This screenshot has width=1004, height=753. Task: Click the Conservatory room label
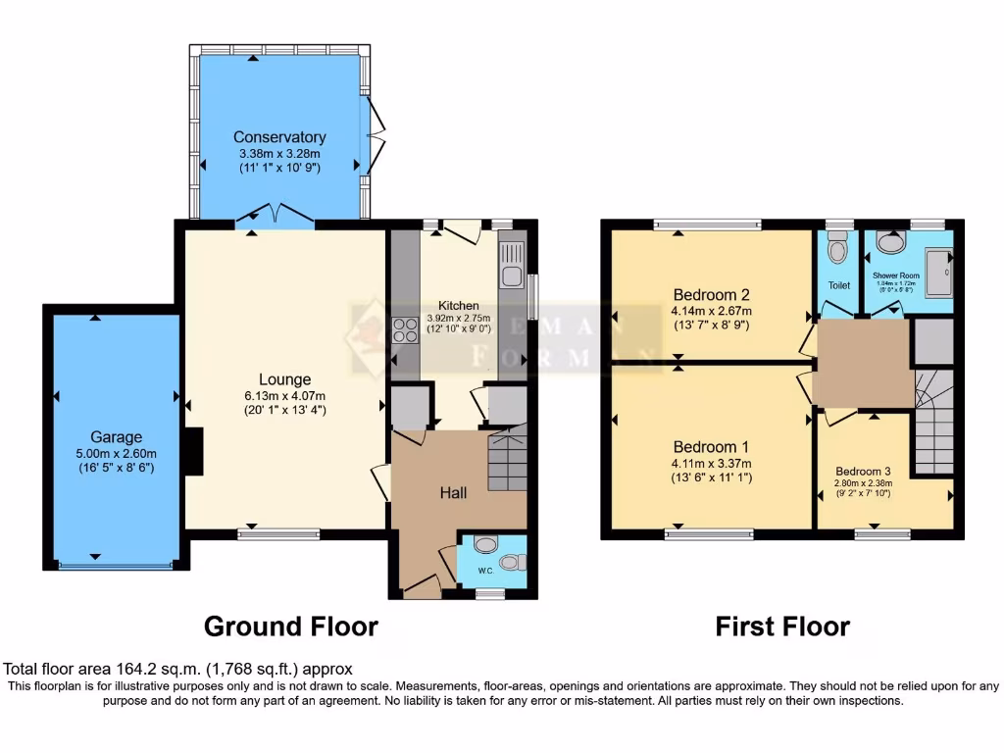click(x=279, y=137)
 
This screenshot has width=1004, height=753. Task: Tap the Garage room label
click(x=117, y=437)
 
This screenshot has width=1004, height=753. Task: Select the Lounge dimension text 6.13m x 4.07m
click(x=284, y=395)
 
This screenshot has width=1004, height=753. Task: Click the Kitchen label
click(x=458, y=306)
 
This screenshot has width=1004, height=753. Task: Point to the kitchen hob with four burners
click(x=405, y=331)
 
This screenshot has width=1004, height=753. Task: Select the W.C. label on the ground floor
click(x=485, y=571)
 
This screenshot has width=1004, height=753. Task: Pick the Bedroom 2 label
click(x=712, y=295)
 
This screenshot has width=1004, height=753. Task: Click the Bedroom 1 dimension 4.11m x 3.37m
click(x=712, y=464)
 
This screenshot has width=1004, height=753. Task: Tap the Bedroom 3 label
click(x=864, y=471)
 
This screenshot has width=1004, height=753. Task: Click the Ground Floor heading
click(x=290, y=626)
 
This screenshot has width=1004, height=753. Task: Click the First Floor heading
click(x=782, y=626)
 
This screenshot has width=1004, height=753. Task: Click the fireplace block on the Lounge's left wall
click(x=193, y=452)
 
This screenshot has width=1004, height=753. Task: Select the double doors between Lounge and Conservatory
click(x=276, y=215)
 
